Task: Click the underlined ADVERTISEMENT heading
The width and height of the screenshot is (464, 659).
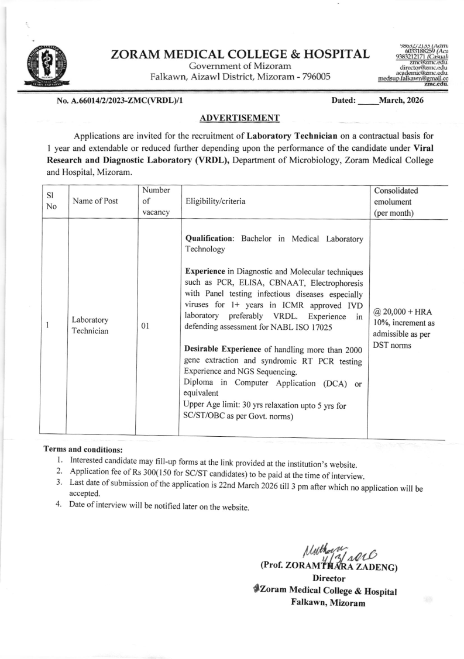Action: [239, 118]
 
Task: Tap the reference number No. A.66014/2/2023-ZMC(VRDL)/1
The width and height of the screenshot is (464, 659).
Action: [120, 101]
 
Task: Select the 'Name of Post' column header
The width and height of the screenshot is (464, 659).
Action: [95, 201]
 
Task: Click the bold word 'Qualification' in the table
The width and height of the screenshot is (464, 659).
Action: [208, 239]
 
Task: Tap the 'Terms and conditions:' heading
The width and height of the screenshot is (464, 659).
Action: [83, 450]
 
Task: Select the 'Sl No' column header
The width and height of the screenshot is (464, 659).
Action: [51, 201]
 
